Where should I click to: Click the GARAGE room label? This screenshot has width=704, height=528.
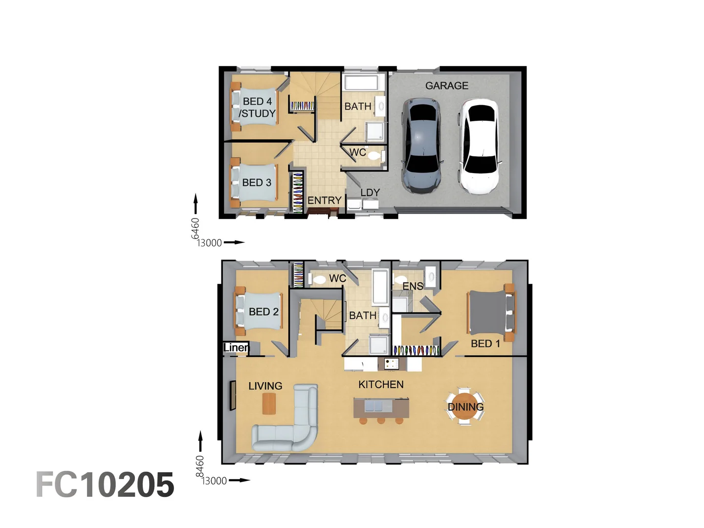tap(446, 86)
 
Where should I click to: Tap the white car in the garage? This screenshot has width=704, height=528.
tap(479, 147)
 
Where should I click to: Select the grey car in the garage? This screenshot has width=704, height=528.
tap(421, 145)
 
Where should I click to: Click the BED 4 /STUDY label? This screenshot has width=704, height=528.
tap(257, 108)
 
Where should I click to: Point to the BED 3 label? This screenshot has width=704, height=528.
tap(257, 182)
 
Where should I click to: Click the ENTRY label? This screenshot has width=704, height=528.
tap(324, 200)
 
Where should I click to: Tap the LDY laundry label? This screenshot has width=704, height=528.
tap(370, 193)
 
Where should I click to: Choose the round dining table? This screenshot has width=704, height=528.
tap(465, 407)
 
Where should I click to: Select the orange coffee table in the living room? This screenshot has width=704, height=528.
tap(269, 404)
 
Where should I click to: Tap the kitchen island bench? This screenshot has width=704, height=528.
tap(381, 407)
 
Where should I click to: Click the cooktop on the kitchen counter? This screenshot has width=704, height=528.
tap(391, 363)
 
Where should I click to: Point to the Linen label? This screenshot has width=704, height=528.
tap(236, 348)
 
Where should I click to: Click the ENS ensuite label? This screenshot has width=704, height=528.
tap(413, 286)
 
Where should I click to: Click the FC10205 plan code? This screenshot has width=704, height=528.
tap(105, 485)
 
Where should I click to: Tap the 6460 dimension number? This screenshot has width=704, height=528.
tap(195, 228)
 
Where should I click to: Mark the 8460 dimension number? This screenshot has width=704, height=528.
tap(199, 466)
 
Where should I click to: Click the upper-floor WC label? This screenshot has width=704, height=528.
tap(337, 279)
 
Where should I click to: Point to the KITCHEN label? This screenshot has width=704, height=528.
tap(381, 385)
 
